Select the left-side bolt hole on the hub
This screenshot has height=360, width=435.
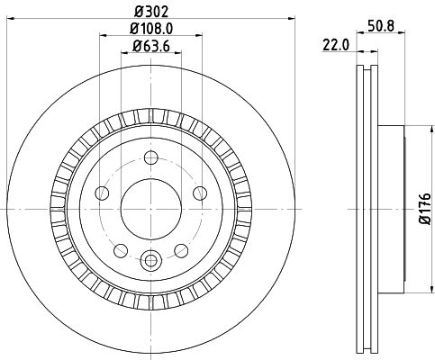coord(102,193)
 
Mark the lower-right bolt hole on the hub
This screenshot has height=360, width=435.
coord(177,248)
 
